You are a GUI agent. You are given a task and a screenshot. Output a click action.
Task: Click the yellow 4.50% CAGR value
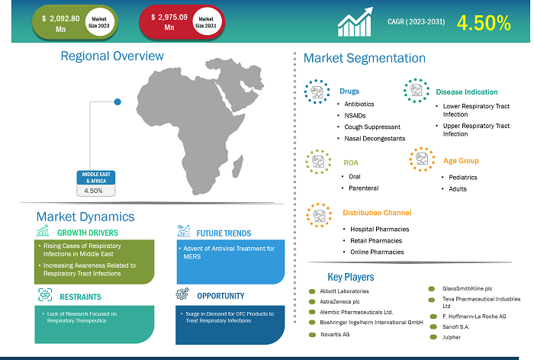click(x=484, y=23)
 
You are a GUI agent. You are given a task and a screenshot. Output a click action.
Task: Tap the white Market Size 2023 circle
click(x=98, y=22)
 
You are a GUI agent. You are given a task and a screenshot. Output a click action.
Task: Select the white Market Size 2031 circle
click(x=206, y=22)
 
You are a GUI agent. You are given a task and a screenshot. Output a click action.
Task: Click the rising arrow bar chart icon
click(x=355, y=22)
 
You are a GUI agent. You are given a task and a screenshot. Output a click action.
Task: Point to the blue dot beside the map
click(x=117, y=102)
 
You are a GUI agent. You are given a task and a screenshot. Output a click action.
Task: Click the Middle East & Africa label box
click(x=96, y=184)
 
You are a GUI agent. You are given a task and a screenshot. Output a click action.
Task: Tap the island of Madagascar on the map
click(x=237, y=167)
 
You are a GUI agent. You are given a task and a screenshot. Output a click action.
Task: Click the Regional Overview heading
click(x=112, y=56)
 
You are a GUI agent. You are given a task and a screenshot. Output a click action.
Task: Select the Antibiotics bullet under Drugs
click(x=359, y=104)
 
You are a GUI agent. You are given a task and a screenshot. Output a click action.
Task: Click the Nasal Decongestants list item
click(x=375, y=139)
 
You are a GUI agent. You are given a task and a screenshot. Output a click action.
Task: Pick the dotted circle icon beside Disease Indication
click(x=417, y=91)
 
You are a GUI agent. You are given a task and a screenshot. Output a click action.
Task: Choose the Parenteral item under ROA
click(x=363, y=188)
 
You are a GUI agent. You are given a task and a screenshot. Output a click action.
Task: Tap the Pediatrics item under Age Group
click(x=463, y=178)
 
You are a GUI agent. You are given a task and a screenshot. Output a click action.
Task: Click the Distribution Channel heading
click(x=377, y=213)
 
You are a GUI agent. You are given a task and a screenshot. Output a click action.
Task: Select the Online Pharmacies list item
click(x=377, y=252)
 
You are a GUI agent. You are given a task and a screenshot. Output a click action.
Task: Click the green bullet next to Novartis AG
click(x=312, y=335)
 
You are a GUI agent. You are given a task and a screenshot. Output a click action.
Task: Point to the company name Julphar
click(x=452, y=337)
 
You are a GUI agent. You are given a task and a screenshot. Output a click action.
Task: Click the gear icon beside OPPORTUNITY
click(x=182, y=294)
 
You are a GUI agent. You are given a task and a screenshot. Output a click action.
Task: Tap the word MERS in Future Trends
click(x=192, y=257)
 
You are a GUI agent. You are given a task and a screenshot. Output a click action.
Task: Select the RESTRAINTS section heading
click(x=80, y=297)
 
